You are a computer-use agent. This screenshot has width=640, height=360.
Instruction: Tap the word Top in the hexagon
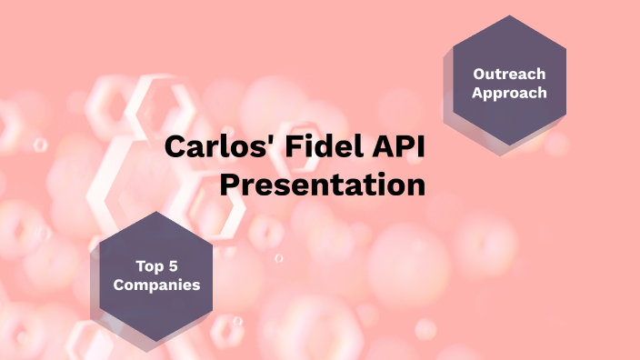click(x=140, y=266)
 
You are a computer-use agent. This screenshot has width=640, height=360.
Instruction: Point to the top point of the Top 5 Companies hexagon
click(x=155, y=211)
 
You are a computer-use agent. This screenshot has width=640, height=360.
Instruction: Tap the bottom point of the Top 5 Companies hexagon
click(x=155, y=342)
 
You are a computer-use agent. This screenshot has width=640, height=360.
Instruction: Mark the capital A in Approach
click(x=477, y=92)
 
